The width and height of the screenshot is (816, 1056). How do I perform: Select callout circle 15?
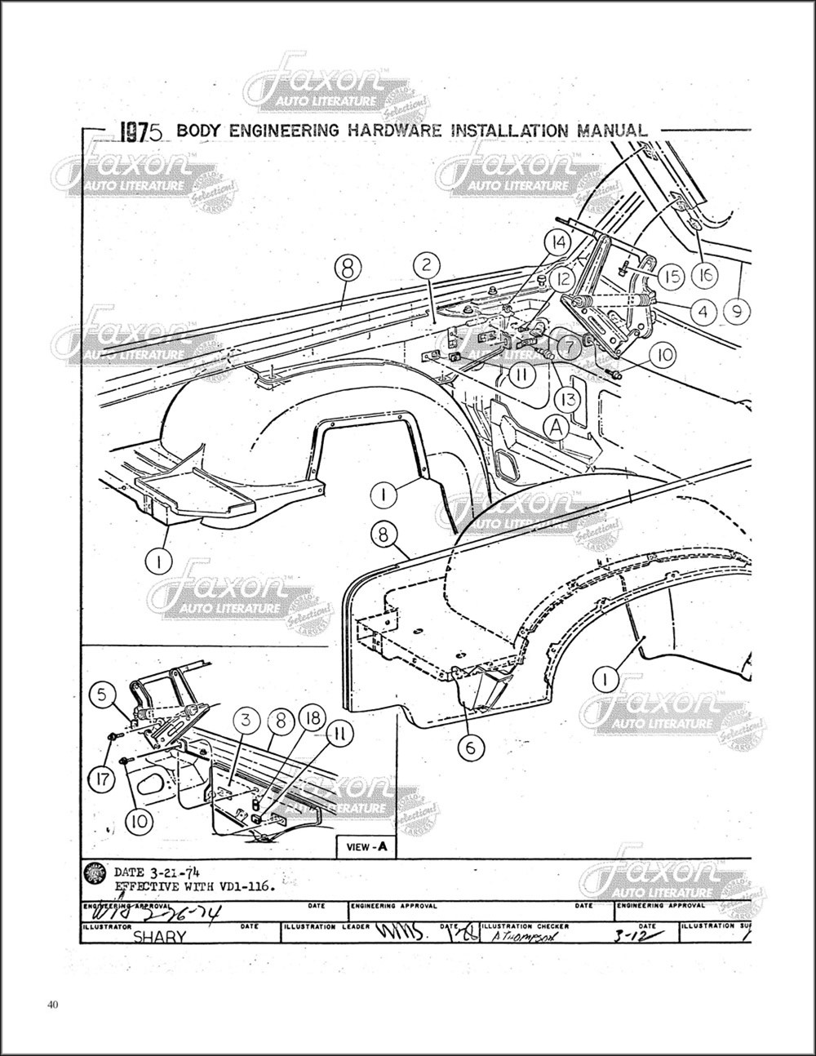[x=672, y=277]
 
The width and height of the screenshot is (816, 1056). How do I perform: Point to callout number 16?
[x=705, y=277]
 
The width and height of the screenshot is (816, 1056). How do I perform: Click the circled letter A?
[x=557, y=426]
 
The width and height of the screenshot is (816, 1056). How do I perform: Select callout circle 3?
[x=246, y=721]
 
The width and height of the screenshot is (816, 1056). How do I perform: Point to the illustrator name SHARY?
[x=159, y=937]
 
